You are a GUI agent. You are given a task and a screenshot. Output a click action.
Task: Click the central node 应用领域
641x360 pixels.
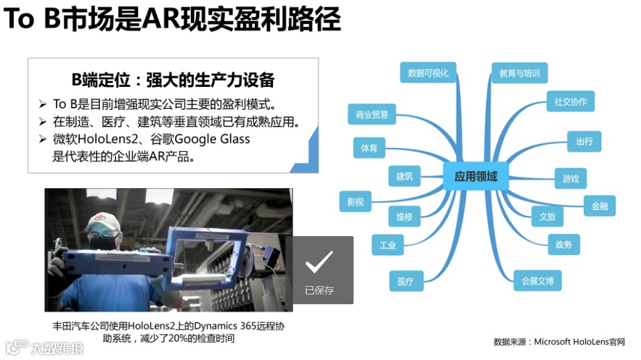(x=476, y=176)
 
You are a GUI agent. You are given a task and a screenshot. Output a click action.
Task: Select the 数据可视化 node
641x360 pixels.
(x=428, y=73)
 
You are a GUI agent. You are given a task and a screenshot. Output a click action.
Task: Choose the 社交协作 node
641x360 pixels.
(x=570, y=102)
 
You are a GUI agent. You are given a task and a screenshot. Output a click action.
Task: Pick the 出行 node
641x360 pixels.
(x=584, y=141)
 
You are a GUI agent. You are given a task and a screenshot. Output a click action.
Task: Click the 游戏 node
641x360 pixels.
(x=570, y=178)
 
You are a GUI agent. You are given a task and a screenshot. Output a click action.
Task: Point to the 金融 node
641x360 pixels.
(x=599, y=206)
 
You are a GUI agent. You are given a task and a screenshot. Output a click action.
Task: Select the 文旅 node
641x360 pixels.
(x=548, y=217)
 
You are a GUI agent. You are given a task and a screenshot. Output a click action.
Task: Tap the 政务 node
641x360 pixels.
(x=563, y=244)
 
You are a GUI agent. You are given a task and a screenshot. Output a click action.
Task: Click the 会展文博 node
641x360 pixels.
(x=537, y=281)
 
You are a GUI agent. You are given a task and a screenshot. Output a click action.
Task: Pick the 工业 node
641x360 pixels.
(x=388, y=245)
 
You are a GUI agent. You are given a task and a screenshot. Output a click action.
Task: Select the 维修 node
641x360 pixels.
(x=404, y=216)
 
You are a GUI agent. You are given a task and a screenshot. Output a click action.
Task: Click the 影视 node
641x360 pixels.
(x=356, y=202)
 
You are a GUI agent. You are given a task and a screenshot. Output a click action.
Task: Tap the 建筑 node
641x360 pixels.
(x=404, y=176)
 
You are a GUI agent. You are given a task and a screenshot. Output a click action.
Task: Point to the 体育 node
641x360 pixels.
(x=369, y=148)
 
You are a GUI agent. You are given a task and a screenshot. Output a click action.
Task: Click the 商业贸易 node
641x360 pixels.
(x=372, y=115)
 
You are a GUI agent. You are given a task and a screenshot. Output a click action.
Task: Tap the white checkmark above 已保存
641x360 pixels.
(x=319, y=261)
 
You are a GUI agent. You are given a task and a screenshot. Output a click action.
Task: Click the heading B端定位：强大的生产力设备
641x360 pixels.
(x=173, y=80)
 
